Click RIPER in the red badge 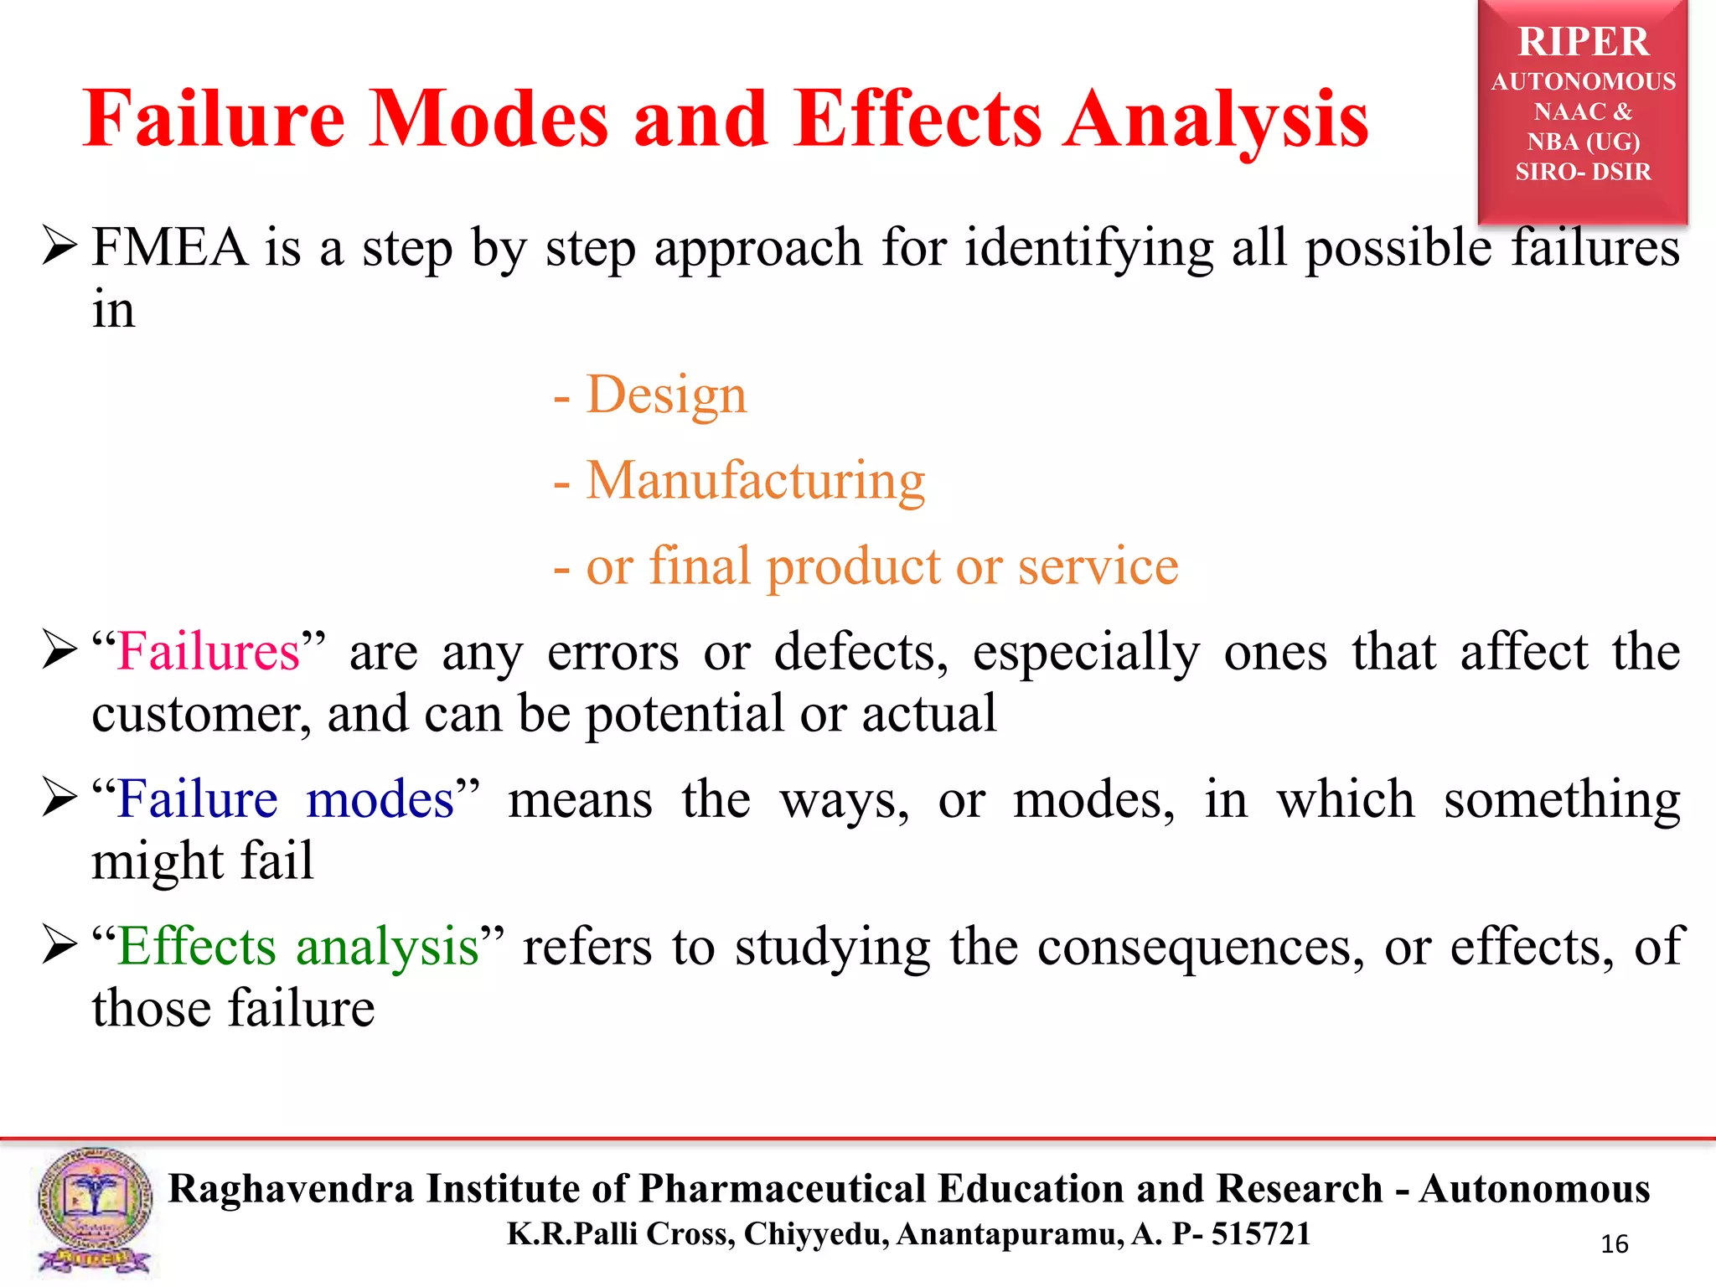[1583, 42]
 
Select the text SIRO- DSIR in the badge [1583, 172]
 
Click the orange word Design [666, 395]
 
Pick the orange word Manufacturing [755, 481]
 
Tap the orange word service [1098, 566]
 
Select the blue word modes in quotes [380, 799]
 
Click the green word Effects [196, 947]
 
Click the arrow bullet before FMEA [59, 248]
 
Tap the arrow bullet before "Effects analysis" [59, 947]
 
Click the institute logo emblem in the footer [94, 1212]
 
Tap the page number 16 [1614, 1244]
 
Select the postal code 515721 [1261, 1234]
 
